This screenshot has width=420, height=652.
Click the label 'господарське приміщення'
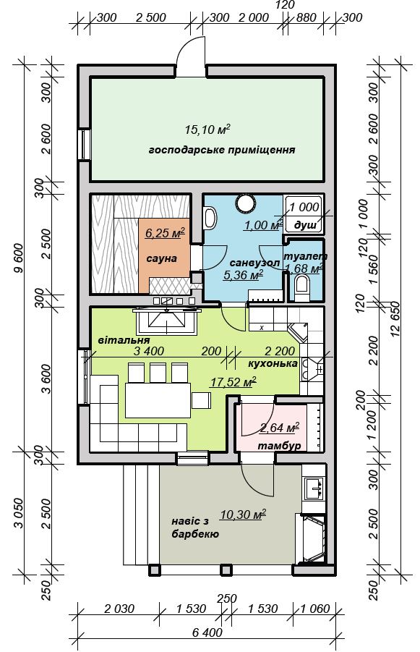pos(222,150)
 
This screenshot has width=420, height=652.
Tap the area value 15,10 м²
pos(207,130)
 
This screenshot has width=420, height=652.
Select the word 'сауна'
pos(162,258)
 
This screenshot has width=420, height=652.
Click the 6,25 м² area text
pos(165,233)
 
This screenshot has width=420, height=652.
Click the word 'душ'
pos(305,225)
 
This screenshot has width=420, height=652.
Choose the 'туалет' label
pos(305,256)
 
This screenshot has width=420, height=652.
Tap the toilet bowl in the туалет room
pos(301,289)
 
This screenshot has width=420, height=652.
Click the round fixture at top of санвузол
pos(246,203)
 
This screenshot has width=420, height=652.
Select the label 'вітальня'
pos(124,341)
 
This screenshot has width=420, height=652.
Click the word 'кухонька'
pos(273,363)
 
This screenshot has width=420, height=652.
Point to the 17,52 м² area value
pos(232,381)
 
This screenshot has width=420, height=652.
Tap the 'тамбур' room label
pos(280,446)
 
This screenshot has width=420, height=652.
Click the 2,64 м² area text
pos(280,427)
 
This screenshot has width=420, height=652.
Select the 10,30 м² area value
pos(243,515)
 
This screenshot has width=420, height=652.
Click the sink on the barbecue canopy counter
pos(314,488)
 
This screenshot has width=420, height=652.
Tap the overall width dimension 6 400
pos(207,633)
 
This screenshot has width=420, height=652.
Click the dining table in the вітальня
pos(158,400)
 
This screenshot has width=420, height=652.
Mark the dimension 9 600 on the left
pos(19,258)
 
